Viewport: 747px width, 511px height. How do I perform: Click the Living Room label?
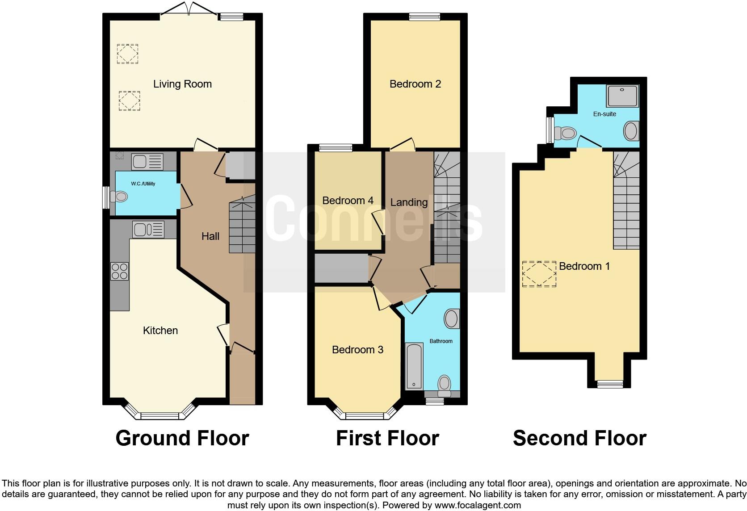tap(182, 84)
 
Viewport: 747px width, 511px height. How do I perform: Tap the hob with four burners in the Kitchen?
tap(119, 271)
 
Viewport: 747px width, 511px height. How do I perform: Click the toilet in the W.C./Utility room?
tap(119, 197)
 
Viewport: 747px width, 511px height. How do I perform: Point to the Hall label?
tap(210, 236)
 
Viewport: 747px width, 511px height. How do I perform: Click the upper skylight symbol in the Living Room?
tap(127, 54)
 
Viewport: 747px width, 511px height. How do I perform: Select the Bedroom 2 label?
tap(415, 84)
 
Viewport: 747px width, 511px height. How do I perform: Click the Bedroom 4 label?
tap(348, 201)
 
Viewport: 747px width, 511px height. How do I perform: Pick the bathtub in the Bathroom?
tap(414, 366)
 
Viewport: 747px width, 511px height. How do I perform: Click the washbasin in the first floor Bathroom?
tap(451, 319)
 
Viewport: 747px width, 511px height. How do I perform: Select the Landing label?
tap(409, 202)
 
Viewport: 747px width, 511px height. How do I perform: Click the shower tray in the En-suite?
tap(622, 96)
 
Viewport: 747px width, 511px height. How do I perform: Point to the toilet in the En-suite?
tap(565, 133)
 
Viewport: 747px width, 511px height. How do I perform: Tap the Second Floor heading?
tap(579, 438)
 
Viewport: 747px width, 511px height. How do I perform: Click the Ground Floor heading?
tap(182, 438)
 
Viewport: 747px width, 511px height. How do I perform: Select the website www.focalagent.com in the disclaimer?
tap(477, 506)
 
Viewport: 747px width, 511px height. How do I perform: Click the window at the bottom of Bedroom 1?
tap(610, 383)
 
